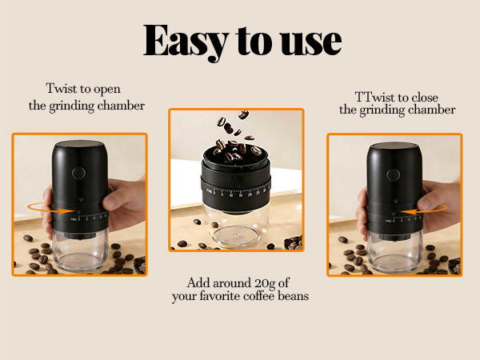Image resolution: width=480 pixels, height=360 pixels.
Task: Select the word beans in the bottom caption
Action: tap(290, 297)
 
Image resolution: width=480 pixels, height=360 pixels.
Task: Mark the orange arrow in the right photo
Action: tap(417, 210)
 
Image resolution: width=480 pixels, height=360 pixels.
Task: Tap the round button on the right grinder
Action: tap(393, 175)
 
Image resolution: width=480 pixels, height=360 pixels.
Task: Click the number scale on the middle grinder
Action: tap(232, 191)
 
